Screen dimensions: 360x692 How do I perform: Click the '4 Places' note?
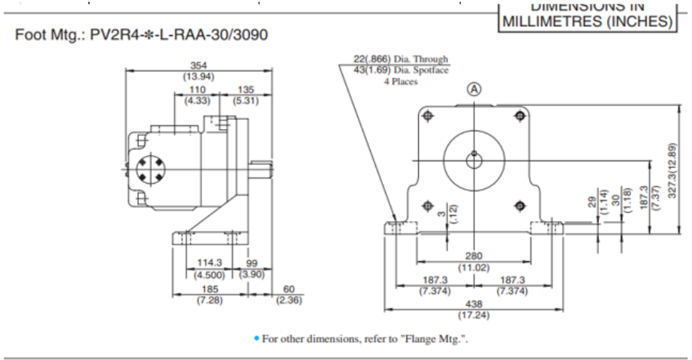(x=400, y=81)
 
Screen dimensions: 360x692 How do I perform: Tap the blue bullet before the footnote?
(x=256, y=338)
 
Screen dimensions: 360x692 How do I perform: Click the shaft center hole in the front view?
(x=474, y=157)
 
